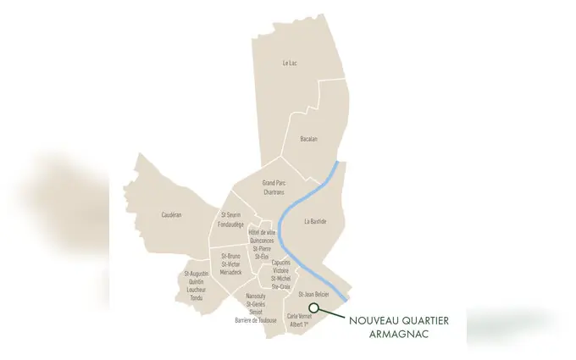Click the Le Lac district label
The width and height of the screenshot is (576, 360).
(x=290, y=63)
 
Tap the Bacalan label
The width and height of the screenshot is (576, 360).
(x=309, y=139)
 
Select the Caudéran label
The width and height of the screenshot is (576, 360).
(x=171, y=215)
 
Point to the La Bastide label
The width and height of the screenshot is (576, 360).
(x=315, y=222)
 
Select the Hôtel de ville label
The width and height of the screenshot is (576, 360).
(x=263, y=232)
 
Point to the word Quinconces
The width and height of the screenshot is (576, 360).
(x=263, y=240)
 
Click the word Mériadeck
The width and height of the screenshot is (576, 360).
(x=231, y=272)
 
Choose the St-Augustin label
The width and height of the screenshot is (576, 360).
(x=197, y=274)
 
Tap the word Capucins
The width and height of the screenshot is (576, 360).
(x=280, y=263)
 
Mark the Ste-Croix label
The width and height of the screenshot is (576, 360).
(x=280, y=287)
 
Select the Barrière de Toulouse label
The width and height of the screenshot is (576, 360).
(x=256, y=320)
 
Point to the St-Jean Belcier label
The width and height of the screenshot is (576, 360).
(x=313, y=294)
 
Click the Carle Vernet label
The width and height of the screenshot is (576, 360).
(x=300, y=316)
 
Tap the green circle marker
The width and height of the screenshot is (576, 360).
(x=313, y=308)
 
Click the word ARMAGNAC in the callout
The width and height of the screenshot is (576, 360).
(x=400, y=334)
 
